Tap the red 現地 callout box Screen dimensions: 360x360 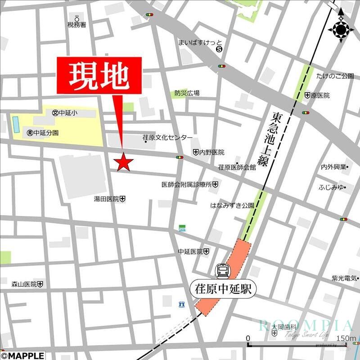(99, 76)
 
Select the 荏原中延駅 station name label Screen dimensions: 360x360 (222, 288)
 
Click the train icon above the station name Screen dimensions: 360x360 (222, 271)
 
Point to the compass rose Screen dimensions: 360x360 (341, 30)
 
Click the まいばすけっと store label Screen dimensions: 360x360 (197, 43)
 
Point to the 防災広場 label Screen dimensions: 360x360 (187, 93)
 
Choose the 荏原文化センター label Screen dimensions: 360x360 (167, 137)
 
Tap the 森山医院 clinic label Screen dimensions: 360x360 (24, 284)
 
